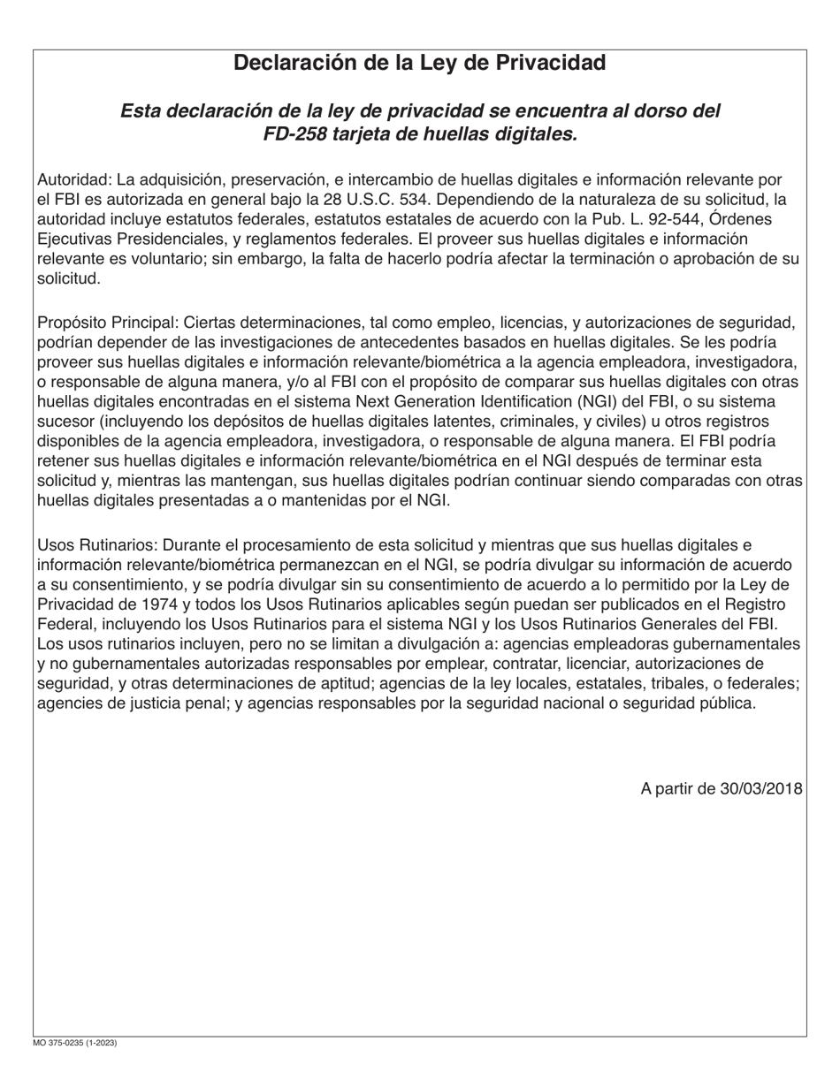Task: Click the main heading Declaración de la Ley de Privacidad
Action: [419, 63]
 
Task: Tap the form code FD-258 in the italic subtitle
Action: [294, 134]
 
